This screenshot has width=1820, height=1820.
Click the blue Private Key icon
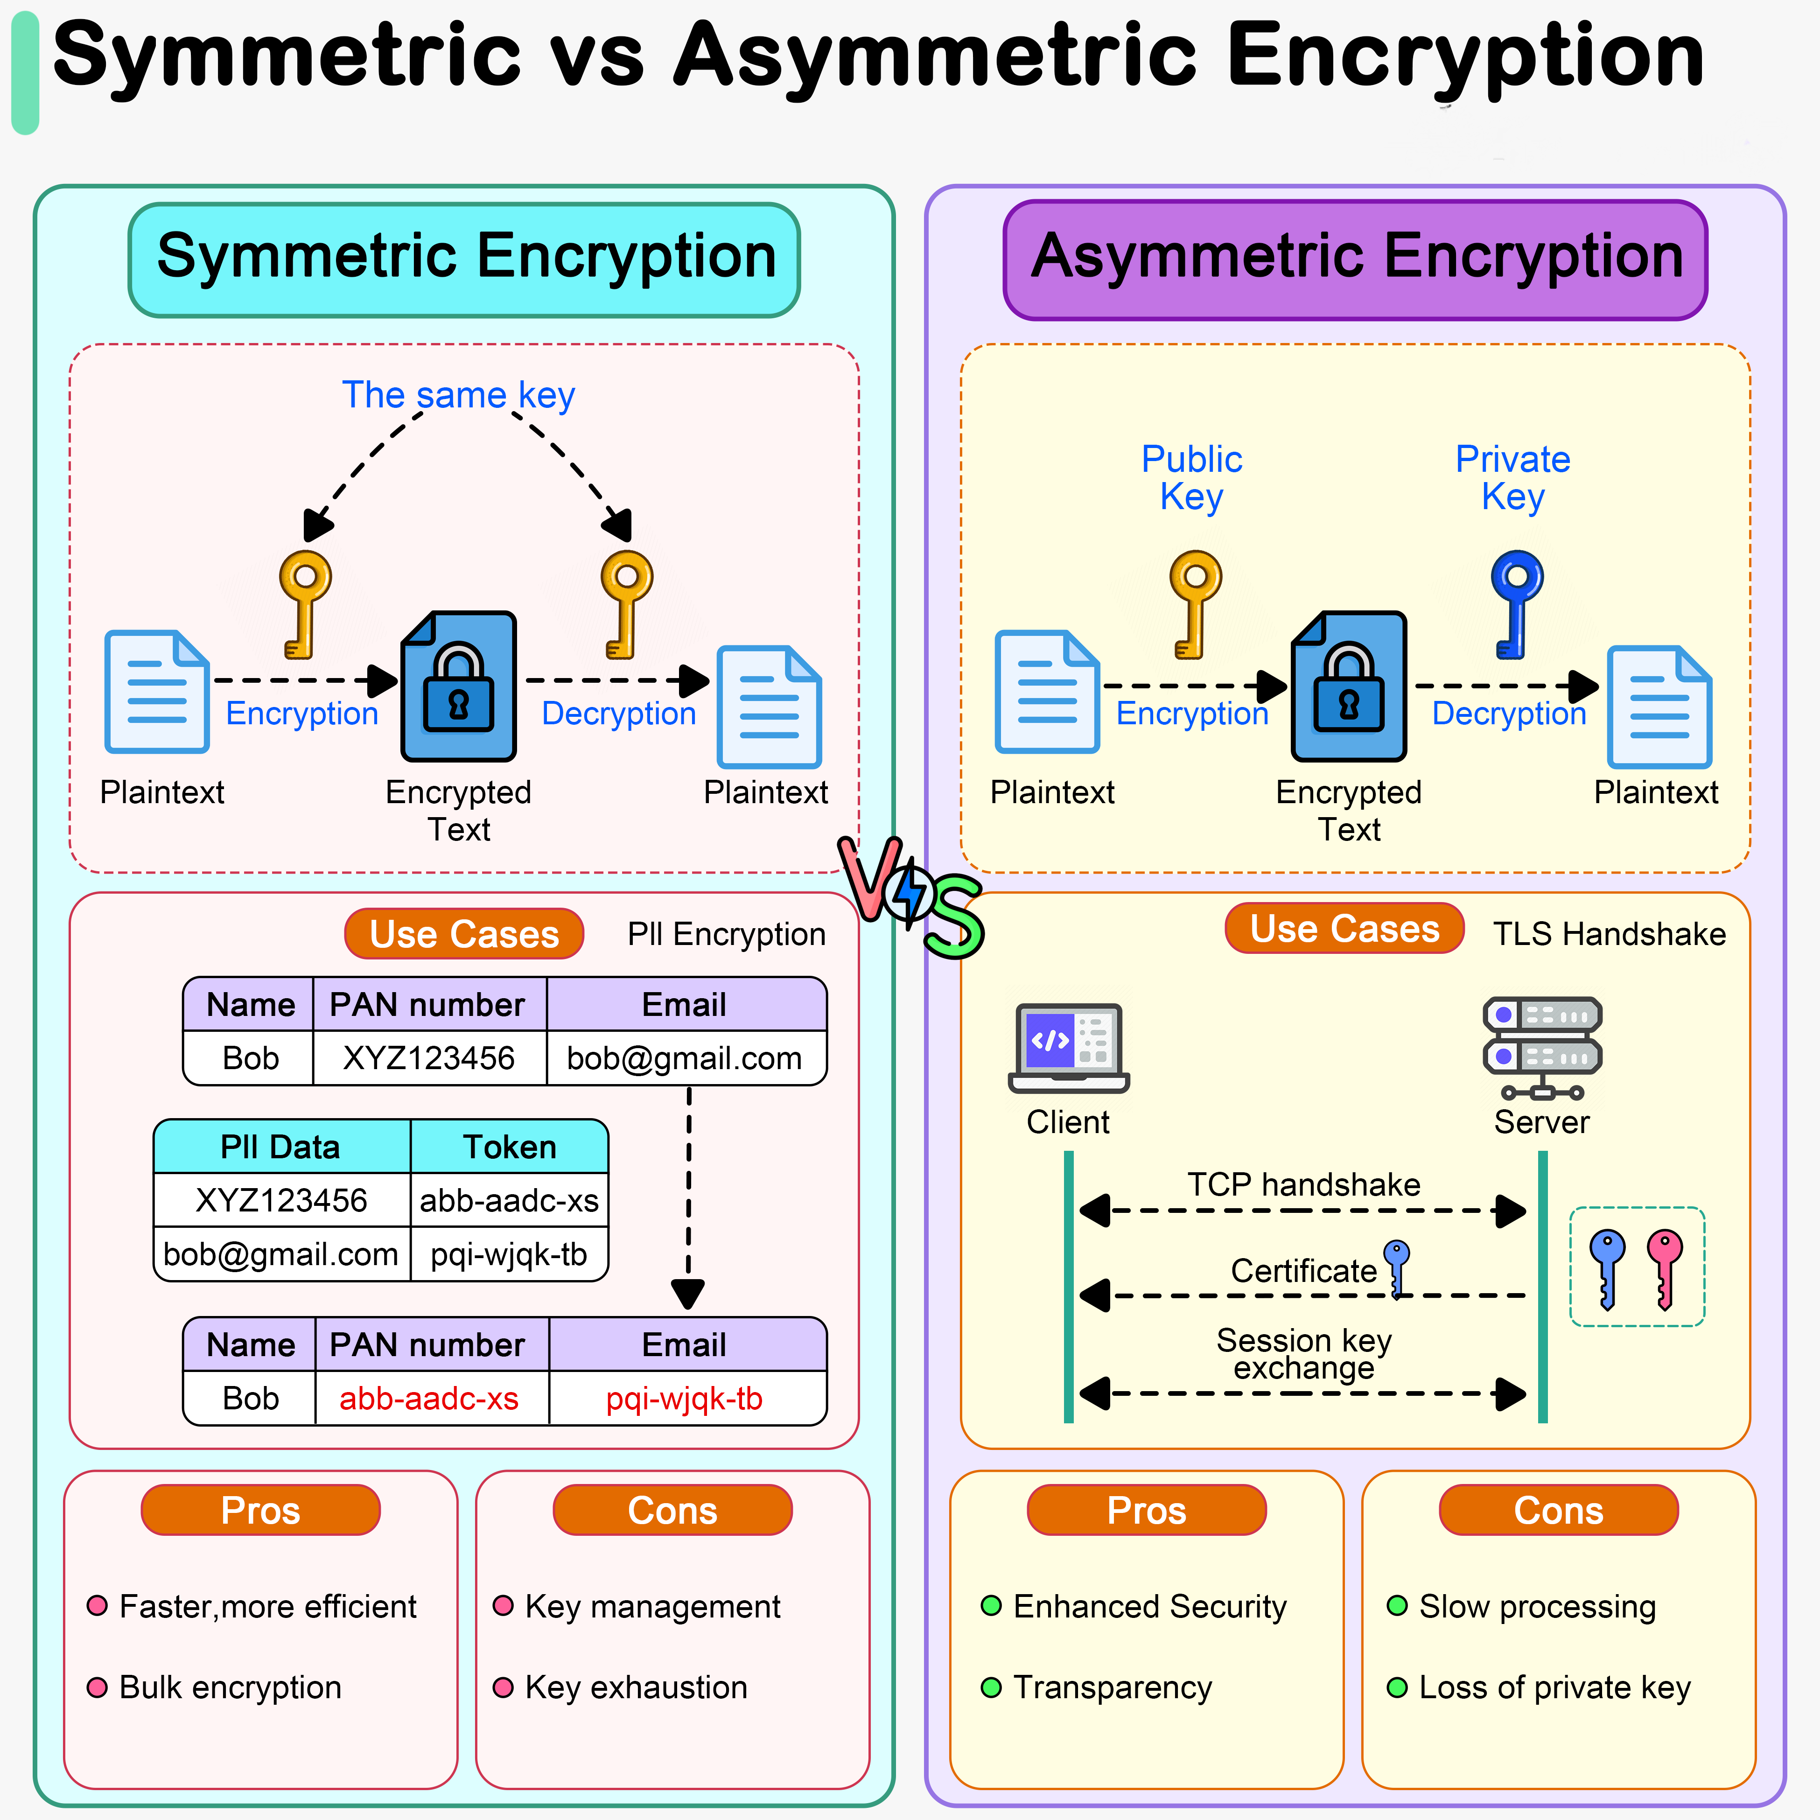(x=1516, y=603)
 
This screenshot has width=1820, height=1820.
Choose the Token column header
(x=510, y=1147)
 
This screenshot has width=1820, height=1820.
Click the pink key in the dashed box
(x=1665, y=1267)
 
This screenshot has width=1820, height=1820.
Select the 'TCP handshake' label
(x=1304, y=1184)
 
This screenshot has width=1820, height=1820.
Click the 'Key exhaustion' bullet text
(x=636, y=1687)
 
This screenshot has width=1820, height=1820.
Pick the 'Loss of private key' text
(x=1554, y=1687)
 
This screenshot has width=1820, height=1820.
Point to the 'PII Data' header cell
(x=281, y=1147)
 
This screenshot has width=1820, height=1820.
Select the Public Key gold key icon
(x=1195, y=603)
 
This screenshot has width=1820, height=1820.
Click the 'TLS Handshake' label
(x=1609, y=933)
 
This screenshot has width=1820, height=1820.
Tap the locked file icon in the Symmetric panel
(x=459, y=686)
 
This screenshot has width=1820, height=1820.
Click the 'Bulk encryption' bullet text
(x=230, y=1687)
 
